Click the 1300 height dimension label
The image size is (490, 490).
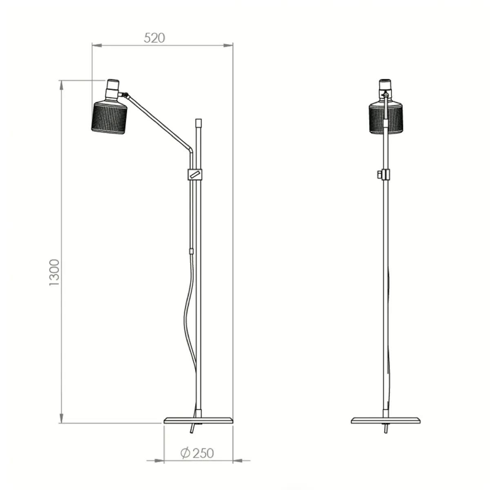pyautogui.click(x=54, y=272)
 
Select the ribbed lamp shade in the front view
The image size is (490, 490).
pyautogui.click(x=385, y=118)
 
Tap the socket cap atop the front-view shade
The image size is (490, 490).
pyautogui.click(x=385, y=86)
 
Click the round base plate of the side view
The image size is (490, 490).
pyautogui.click(x=198, y=420)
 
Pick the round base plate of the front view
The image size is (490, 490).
pyautogui.click(x=385, y=420)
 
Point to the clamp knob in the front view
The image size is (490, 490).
pyautogui.click(x=381, y=174)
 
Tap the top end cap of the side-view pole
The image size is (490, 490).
pyautogui.click(x=198, y=122)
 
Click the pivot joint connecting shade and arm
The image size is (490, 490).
pyautogui.click(x=126, y=96)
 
